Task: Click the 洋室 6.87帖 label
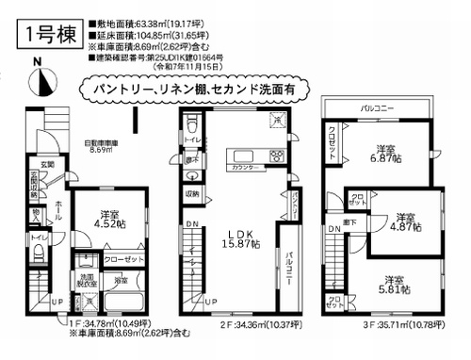[384, 155]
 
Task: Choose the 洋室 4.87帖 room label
[402, 219]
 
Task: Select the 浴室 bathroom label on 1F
[122, 281]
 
